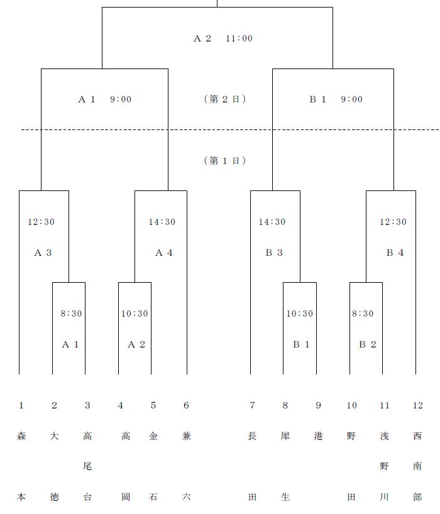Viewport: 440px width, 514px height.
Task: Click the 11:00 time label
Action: pos(239,38)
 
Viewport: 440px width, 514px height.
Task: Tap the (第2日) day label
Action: pos(225,99)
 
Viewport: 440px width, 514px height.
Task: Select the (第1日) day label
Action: pos(225,160)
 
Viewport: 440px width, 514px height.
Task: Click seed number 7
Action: pos(252,405)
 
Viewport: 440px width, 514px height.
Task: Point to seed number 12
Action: pos(418,405)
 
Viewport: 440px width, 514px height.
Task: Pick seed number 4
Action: pos(120,405)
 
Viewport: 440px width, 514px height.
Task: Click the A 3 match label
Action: pos(43,253)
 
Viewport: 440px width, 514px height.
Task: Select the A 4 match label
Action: pos(164,253)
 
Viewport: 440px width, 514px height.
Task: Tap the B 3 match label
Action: pos(274,253)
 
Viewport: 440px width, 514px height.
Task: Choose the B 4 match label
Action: pos(395,253)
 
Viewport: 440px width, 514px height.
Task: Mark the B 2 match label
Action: pos(368,344)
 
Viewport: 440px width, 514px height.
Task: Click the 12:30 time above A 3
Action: pos(41,222)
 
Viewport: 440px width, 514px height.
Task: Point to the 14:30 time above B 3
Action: pos(272,222)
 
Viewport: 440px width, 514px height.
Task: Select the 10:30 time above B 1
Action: pos(300,314)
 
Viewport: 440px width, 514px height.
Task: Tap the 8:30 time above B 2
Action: pos(363,314)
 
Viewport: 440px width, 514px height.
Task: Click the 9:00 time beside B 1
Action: pos(352,99)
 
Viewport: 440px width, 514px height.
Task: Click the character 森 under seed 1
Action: pos(21,436)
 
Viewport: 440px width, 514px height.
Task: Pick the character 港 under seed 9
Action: pos(318,436)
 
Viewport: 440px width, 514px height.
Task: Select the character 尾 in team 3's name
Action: pos(87,466)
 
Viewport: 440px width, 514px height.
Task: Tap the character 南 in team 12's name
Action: pos(417,466)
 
